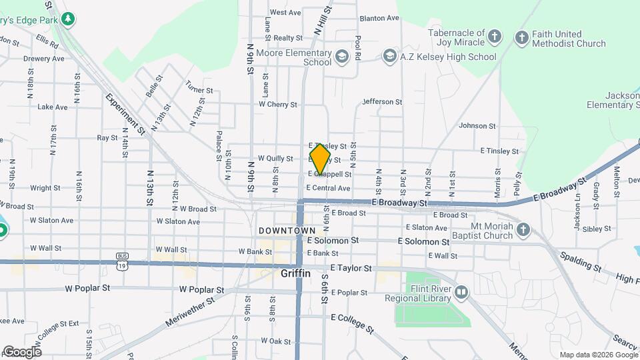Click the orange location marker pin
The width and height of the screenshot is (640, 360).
pos(320,159)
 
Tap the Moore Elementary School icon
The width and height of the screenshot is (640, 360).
pos(342,56)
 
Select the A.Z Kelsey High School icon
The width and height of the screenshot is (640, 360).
pos(389,57)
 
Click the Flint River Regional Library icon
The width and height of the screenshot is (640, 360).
pos(461,291)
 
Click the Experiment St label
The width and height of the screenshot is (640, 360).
pos(125,114)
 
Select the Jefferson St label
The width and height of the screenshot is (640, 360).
pos(382,102)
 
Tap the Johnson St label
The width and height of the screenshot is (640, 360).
pos(477,125)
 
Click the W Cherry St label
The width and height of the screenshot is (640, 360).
pos(277,104)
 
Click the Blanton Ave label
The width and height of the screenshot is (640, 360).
pos(379,19)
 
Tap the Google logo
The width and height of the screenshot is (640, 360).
pos(22,351)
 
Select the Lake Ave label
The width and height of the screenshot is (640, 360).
pos(53,107)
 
